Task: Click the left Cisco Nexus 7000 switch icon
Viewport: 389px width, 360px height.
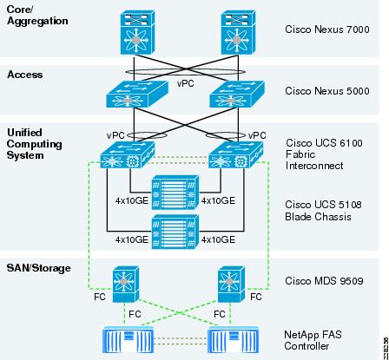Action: point(137,32)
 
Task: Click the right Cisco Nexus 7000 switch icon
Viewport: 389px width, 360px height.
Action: point(238,32)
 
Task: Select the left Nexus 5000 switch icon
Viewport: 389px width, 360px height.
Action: point(137,94)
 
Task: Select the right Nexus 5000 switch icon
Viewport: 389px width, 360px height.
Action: point(237,94)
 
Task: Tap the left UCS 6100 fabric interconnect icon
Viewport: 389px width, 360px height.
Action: point(128,154)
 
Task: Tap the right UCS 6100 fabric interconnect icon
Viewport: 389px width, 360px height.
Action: point(236,154)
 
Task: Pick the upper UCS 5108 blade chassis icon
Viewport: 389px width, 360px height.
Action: point(175,193)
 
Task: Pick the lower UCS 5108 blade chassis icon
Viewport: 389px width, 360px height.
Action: point(175,232)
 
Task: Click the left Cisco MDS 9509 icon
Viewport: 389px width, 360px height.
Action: point(126,285)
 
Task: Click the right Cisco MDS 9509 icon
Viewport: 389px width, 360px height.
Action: point(231,285)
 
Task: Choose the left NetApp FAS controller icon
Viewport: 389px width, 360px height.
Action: point(128,340)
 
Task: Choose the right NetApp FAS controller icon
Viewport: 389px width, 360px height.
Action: point(234,340)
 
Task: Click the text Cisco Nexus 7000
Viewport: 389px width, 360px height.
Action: point(327,29)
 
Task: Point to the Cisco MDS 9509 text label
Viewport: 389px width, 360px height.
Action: point(324,281)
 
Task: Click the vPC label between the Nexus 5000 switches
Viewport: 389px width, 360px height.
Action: point(186,83)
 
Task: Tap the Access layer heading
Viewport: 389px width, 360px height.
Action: point(25,75)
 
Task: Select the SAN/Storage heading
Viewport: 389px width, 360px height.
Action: point(38,268)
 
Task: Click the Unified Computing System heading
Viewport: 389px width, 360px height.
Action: point(35,144)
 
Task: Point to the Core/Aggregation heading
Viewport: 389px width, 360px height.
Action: point(37,16)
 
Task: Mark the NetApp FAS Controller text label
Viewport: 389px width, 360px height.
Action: point(313,340)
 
